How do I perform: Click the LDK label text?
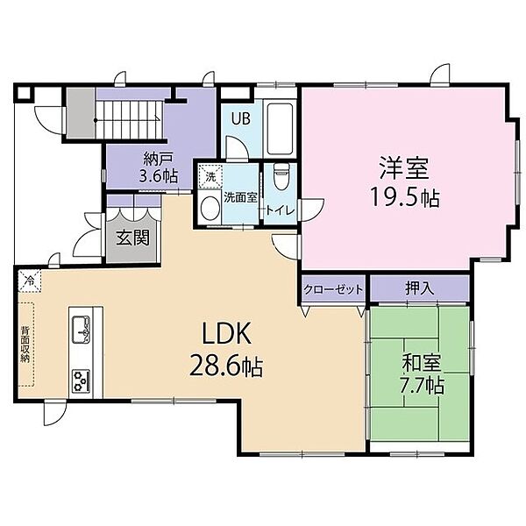[x=227, y=333]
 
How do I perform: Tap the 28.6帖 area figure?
[x=226, y=366]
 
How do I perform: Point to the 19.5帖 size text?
[x=404, y=197]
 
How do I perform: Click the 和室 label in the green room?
[x=422, y=363]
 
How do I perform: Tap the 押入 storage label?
[x=420, y=288]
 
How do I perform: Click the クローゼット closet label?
[x=333, y=288]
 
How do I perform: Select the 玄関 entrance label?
[x=132, y=238]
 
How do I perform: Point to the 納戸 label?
[x=158, y=159]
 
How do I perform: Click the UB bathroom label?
[x=241, y=118]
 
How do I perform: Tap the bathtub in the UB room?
[x=281, y=129]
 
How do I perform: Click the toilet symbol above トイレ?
[x=280, y=177]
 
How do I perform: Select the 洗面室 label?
[x=240, y=197]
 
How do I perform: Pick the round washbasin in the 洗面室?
[x=210, y=208]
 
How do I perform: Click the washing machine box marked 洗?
[x=210, y=176]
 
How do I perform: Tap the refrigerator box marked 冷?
[x=30, y=280]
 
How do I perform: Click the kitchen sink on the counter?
[x=82, y=329]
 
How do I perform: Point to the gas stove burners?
[x=82, y=380]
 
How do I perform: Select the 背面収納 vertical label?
[x=25, y=344]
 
